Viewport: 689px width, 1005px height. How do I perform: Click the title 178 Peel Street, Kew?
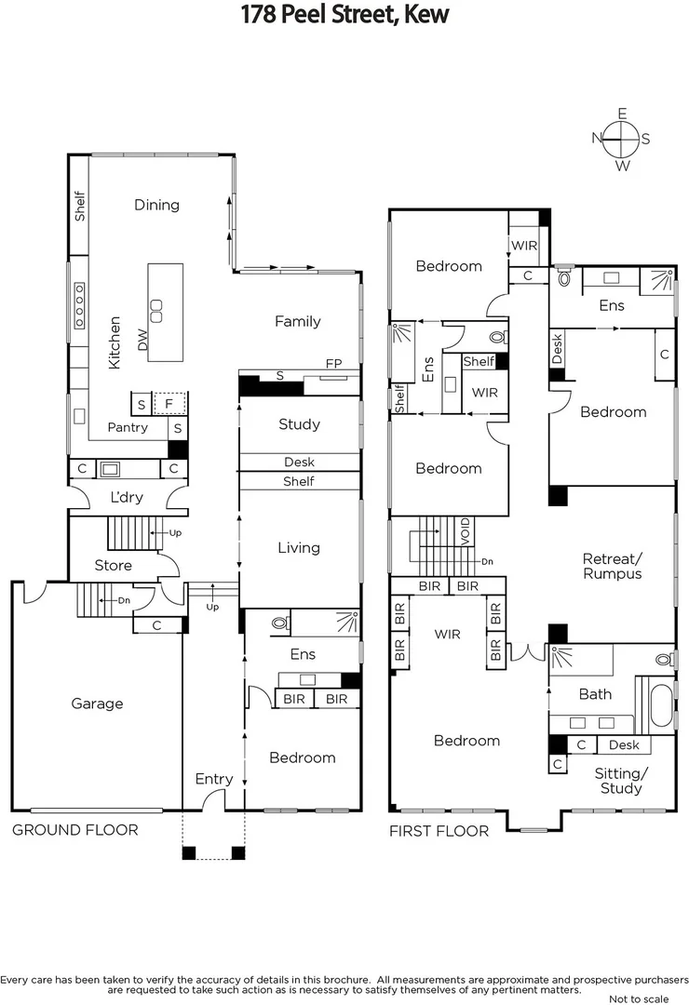(x=344, y=14)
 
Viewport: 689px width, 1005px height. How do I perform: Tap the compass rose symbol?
(x=622, y=140)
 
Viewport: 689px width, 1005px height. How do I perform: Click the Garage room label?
(x=97, y=703)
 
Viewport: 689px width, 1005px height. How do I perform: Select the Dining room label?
(x=156, y=205)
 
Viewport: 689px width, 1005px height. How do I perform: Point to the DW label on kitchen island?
(x=142, y=340)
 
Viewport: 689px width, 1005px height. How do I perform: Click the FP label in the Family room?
(x=333, y=363)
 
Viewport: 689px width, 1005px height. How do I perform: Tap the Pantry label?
(x=128, y=427)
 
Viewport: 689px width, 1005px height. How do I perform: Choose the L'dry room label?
(x=127, y=497)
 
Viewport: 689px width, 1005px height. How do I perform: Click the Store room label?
(x=113, y=565)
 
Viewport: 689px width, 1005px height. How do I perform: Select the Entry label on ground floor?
(x=214, y=779)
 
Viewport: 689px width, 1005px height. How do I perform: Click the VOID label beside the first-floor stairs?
(x=466, y=531)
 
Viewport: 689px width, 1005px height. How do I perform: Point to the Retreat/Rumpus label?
(x=613, y=566)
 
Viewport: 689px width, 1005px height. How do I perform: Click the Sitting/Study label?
(x=621, y=781)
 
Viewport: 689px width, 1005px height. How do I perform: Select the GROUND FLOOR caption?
(x=74, y=829)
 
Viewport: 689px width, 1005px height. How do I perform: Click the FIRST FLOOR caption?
(x=439, y=831)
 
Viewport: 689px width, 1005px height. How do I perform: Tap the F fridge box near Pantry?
(x=169, y=404)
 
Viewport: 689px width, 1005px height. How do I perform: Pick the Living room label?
(x=299, y=547)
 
